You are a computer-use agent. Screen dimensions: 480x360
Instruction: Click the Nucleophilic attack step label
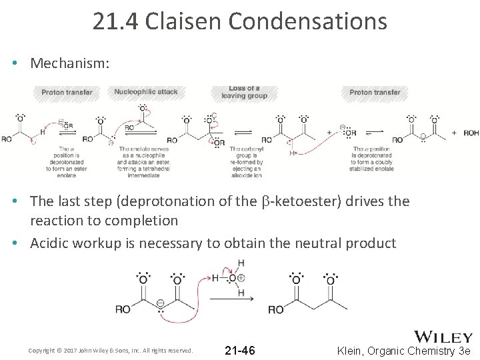pos(146,92)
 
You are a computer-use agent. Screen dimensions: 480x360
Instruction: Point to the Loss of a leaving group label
pos(244,92)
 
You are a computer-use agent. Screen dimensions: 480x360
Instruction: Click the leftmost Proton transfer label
pos(67,92)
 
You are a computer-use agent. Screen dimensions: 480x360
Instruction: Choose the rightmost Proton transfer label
pos(375,92)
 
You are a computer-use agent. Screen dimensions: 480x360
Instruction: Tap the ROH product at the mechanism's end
pos(471,133)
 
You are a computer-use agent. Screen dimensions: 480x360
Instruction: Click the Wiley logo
pos(443,337)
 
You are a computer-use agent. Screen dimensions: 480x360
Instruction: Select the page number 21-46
pos(239,351)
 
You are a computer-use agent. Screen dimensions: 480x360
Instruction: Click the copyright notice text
pos(111,351)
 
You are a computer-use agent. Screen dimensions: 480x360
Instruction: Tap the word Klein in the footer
pos(354,351)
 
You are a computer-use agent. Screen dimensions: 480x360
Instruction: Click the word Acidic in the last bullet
pos(52,243)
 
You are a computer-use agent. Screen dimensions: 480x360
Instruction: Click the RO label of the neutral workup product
pos(275,310)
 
